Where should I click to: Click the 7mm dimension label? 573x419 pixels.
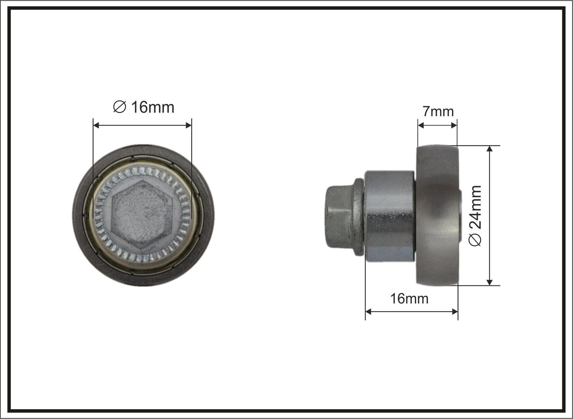(438, 112)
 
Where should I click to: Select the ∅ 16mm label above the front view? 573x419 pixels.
(144, 107)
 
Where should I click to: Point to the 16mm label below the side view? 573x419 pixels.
(409, 299)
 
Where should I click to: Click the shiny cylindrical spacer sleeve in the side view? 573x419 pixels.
(389, 216)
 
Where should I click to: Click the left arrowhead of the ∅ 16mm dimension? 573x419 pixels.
(96, 125)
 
